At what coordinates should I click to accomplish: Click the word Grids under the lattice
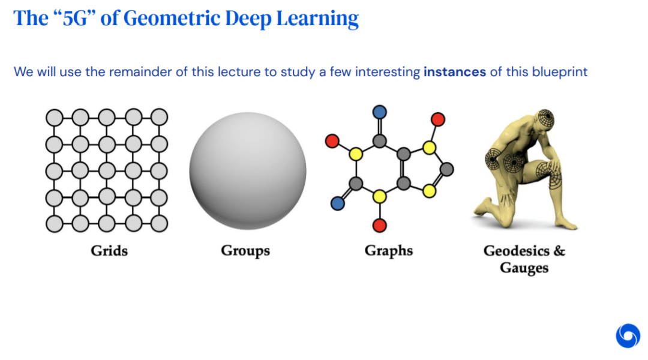point(109,251)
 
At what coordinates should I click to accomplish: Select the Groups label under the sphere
point(245,251)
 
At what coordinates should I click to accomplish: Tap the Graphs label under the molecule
point(388,251)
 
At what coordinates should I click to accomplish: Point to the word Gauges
point(524,268)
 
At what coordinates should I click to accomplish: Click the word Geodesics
point(517,250)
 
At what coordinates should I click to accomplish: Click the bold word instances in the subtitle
point(455,72)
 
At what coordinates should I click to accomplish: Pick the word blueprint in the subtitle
point(560,72)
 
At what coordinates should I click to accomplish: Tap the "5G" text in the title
point(75,19)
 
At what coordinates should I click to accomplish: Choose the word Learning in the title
point(317,19)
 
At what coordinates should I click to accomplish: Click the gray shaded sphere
point(248,171)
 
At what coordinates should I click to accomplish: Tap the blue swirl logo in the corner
point(628,335)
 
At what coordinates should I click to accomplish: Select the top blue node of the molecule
point(379,112)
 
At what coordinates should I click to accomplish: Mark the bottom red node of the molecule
point(379,226)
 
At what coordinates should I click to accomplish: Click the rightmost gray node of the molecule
point(446,169)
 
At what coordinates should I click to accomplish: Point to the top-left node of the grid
point(54,118)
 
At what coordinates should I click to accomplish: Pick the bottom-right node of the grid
point(159,224)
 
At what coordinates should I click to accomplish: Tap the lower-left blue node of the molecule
point(338,203)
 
